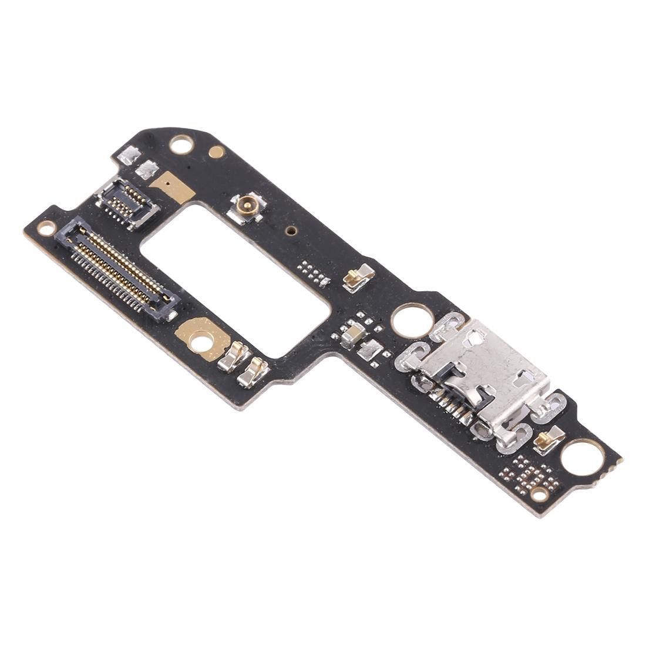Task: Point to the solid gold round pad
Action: tap(217, 153)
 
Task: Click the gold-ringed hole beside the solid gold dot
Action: tap(179, 143)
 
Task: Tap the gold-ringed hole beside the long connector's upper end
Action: tap(45, 227)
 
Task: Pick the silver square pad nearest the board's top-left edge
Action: tap(129, 156)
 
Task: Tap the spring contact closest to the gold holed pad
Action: tap(230, 355)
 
